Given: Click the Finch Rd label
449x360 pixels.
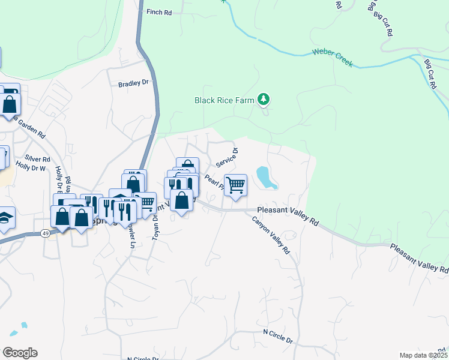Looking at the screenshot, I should [158, 11].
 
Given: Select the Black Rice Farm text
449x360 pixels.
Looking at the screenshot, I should [224, 100].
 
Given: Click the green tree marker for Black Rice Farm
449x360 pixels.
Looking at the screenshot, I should [263, 99].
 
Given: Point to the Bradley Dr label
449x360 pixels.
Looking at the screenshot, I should [133, 83].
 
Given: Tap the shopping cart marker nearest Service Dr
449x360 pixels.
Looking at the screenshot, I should [236, 185].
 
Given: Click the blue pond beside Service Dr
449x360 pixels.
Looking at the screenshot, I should [266, 178].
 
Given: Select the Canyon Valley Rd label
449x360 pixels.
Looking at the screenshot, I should [271, 235].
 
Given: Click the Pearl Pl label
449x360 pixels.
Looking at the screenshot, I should [213, 182].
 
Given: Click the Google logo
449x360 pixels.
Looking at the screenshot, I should [19, 352].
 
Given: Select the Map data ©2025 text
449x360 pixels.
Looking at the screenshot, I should [423, 355].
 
